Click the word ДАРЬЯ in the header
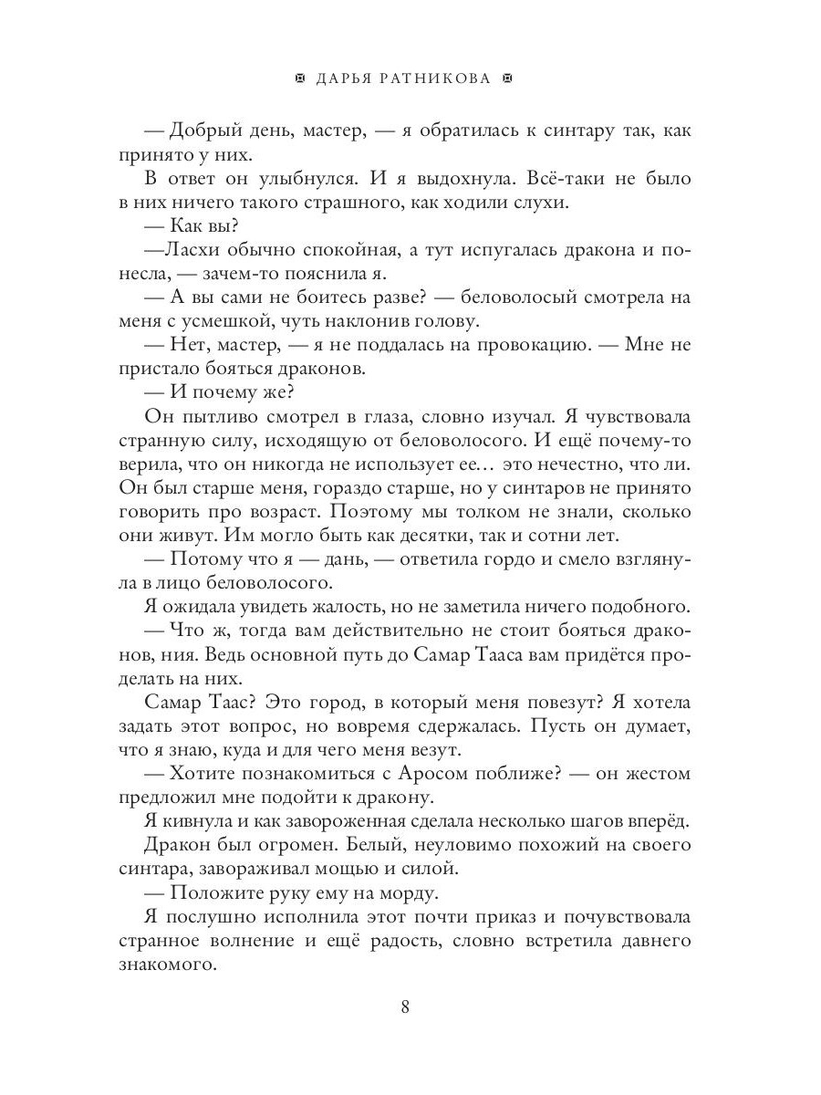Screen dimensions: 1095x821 click(346, 79)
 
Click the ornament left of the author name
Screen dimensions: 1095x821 click(301, 79)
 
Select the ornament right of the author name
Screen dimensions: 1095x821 click(509, 79)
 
